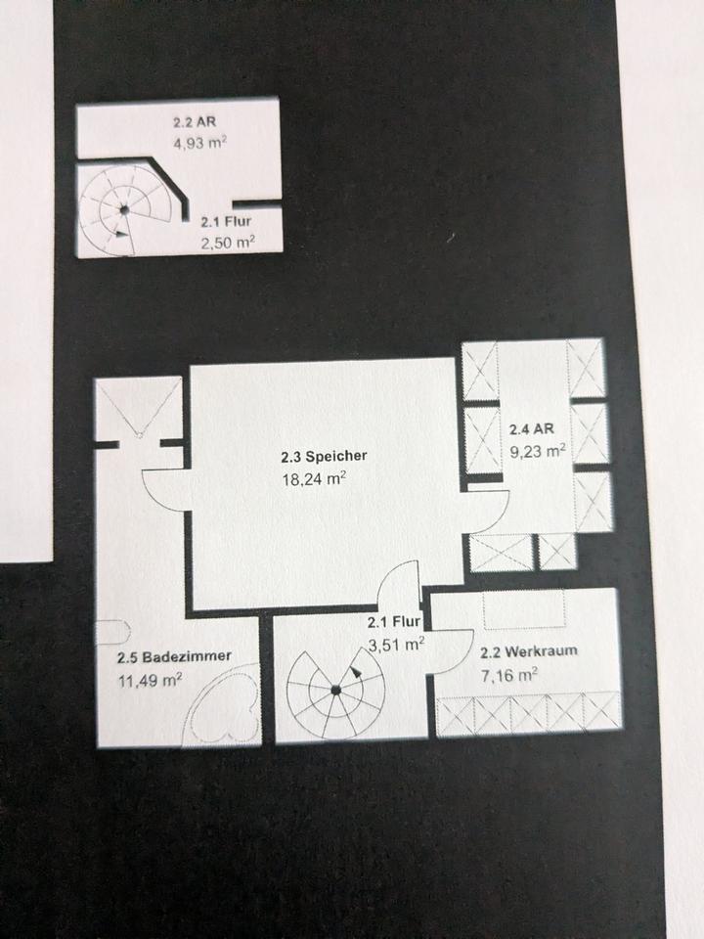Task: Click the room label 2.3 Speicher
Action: (324, 457)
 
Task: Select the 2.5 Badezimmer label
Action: (174, 657)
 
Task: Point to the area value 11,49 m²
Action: (149, 681)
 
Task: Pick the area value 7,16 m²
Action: (509, 675)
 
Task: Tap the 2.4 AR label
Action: (531, 428)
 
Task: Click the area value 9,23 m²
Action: (538, 451)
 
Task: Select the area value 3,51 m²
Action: (397, 644)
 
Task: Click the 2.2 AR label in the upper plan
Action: (194, 123)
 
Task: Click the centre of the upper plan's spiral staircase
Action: (123, 209)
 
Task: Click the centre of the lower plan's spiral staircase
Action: (335, 690)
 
